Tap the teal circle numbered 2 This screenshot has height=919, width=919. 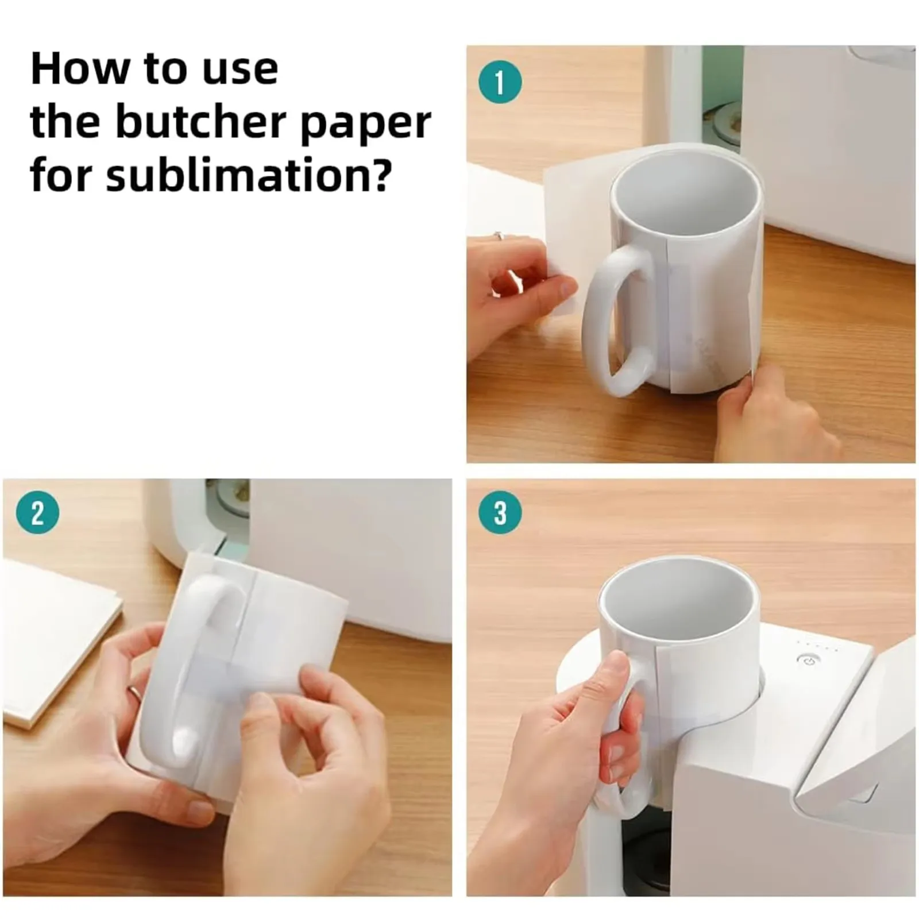tap(37, 512)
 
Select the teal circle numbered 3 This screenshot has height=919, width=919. tap(500, 512)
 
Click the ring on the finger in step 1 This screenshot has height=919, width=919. tap(499, 235)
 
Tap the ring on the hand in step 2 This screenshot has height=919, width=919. tap(134, 692)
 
